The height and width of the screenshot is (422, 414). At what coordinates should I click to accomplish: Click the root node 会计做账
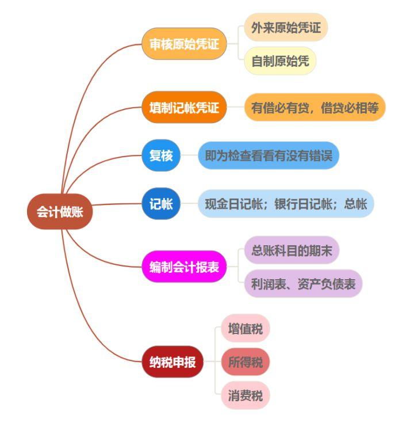coord(60,212)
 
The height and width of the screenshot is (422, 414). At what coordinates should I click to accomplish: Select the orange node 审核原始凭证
coord(181,44)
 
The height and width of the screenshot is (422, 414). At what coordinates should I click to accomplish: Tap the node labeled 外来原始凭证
coord(286,28)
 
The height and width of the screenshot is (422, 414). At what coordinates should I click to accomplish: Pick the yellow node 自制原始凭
coord(280,60)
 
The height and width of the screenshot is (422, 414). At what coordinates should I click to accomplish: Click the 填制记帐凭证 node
coord(181,108)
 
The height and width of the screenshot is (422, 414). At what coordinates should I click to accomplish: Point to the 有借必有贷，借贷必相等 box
coord(315,108)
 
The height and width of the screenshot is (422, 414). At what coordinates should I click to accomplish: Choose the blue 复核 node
coord(161,155)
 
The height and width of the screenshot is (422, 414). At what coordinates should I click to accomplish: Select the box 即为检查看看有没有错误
coord(269,155)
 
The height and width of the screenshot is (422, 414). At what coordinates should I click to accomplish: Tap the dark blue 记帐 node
coord(161,203)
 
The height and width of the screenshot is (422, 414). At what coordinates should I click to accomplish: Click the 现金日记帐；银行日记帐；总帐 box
coord(286,203)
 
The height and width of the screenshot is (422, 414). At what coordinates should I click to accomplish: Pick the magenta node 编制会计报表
coord(181,267)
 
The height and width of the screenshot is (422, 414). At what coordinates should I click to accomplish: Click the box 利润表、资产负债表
coord(303,283)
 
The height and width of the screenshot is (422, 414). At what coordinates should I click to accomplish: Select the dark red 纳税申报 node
coord(172,363)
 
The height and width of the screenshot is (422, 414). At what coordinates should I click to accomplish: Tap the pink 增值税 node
coord(245,329)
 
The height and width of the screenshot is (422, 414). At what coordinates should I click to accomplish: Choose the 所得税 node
coord(245,363)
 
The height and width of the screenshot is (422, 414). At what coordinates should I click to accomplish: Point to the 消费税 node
coord(245,396)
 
